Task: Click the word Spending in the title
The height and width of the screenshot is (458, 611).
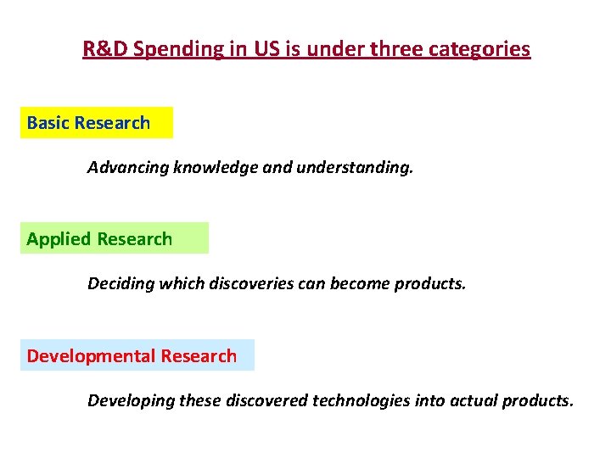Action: tap(179, 49)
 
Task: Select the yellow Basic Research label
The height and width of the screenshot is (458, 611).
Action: tap(96, 123)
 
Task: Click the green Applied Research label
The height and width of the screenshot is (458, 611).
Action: tap(114, 238)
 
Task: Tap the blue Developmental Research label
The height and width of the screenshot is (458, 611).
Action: tap(137, 355)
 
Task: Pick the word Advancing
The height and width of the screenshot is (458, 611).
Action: tap(128, 168)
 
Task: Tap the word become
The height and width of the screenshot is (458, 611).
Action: tap(358, 283)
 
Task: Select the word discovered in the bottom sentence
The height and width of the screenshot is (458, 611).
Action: tap(267, 400)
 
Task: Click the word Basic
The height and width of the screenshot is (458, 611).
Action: tap(48, 123)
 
